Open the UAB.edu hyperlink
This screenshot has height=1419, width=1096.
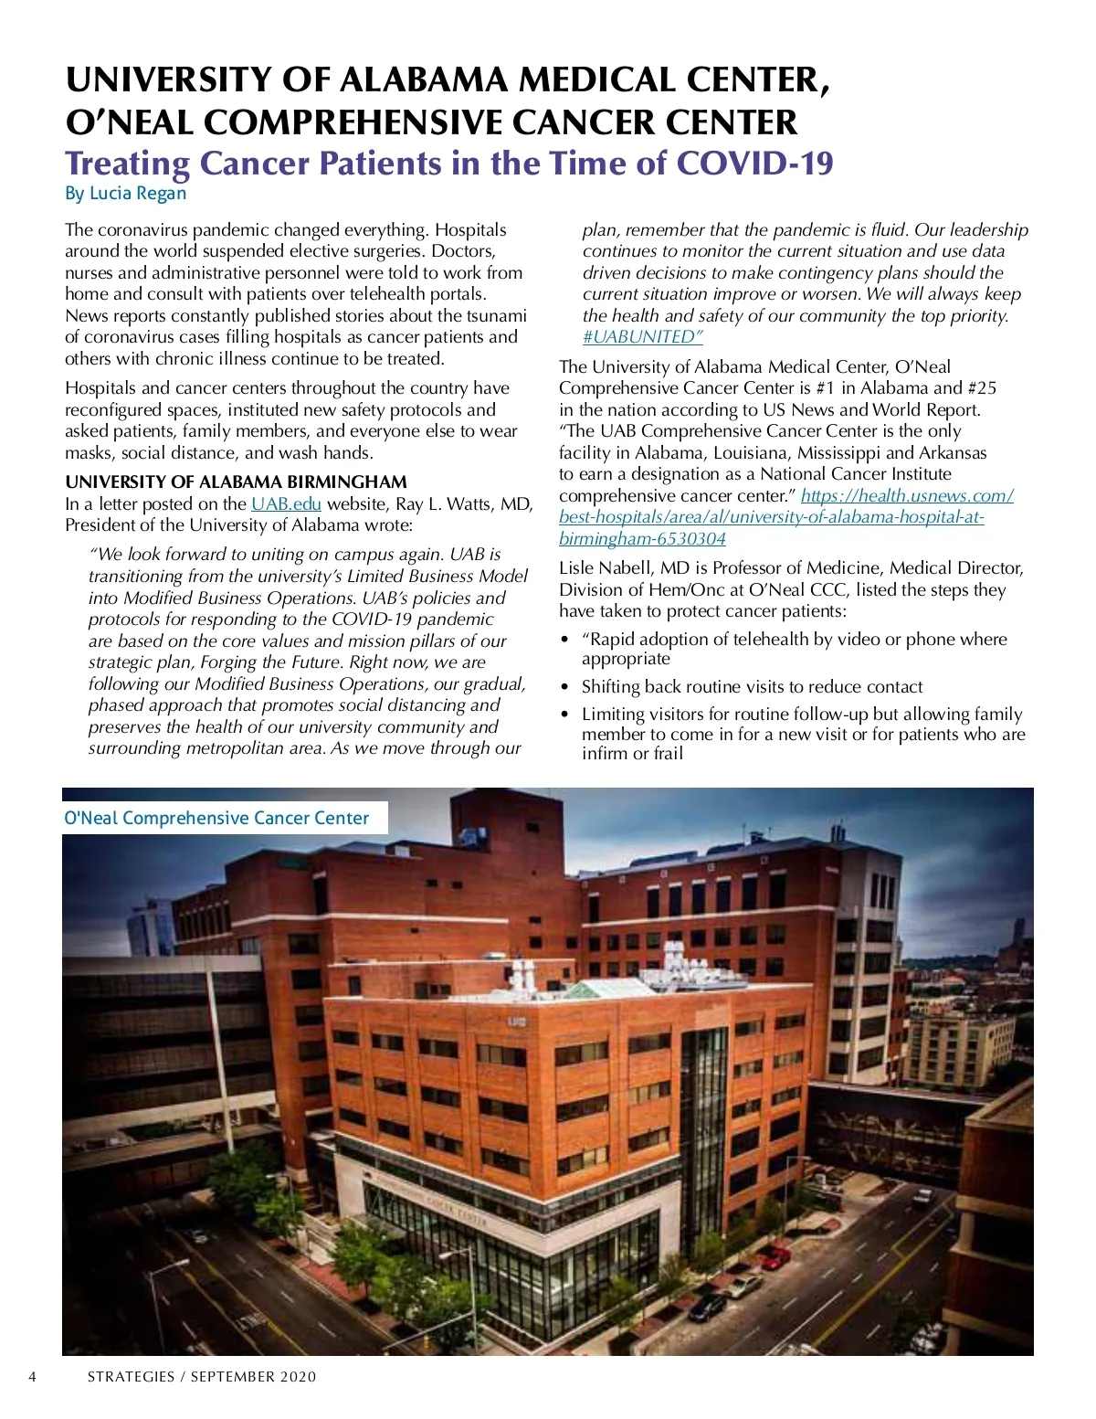286,504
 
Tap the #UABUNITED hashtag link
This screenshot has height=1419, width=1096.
642,337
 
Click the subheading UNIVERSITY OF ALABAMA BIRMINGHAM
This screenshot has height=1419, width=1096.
236,482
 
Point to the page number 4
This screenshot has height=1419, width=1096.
33,1377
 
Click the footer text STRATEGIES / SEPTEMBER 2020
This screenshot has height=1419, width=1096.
202,1377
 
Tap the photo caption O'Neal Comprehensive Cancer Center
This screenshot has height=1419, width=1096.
216,819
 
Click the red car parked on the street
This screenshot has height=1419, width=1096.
775,1257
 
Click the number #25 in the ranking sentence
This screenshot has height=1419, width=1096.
982,388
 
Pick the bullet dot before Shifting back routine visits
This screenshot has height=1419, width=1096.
566,688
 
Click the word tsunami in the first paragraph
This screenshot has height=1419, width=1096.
496,316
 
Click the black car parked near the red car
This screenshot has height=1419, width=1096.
707,1308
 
